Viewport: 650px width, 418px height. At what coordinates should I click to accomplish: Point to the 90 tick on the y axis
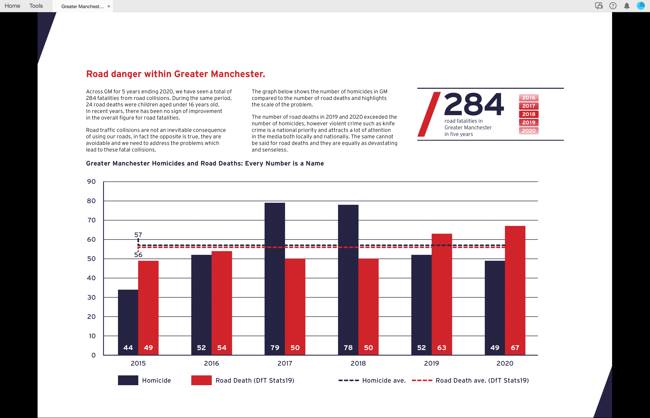tap(91, 182)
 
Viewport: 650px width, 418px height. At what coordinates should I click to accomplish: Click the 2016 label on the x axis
tap(211, 363)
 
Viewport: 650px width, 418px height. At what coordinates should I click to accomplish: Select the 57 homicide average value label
tap(138, 235)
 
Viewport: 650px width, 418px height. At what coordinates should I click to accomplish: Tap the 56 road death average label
tap(138, 255)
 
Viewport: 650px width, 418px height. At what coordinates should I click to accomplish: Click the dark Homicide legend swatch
tap(128, 380)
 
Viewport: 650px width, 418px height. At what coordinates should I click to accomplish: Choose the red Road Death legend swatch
tap(201, 380)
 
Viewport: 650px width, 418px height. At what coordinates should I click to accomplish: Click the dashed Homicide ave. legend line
tap(349, 380)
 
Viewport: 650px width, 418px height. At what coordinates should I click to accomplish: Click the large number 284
tap(474, 104)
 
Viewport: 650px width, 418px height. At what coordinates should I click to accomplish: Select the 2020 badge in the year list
tap(529, 131)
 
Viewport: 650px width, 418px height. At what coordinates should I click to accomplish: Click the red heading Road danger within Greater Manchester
tap(176, 74)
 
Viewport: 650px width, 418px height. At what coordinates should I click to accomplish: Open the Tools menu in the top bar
tap(36, 6)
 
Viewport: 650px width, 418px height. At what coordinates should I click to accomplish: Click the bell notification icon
tap(627, 6)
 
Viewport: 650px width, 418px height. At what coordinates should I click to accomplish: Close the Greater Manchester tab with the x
tap(109, 6)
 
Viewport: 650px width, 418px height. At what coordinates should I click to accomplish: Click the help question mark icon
tap(613, 6)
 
